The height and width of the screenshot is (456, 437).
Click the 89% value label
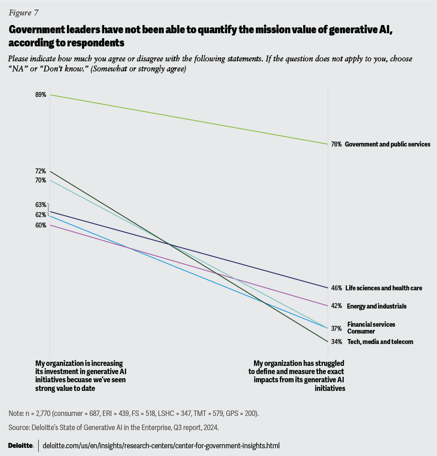tap(41, 95)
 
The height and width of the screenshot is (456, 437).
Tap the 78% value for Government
tap(336, 144)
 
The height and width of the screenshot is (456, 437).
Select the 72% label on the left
tap(41, 171)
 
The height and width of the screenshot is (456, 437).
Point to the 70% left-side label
tap(41, 180)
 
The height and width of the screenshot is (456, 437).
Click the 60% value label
tap(41, 225)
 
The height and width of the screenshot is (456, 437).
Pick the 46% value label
tap(336, 288)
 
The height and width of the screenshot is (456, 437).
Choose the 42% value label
tap(336, 306)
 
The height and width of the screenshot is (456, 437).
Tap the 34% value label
tap(336, 342)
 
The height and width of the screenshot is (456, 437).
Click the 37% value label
tap(336, 328)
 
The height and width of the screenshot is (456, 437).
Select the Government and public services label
tap(387, 144)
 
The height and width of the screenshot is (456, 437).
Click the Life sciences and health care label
tap(383, 288)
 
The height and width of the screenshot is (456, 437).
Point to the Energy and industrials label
tap(376, 306)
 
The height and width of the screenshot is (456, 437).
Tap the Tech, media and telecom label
tap(380, 342)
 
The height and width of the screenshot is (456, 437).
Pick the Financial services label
tap(371, 324)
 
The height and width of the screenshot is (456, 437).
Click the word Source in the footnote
tap(18, 428)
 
